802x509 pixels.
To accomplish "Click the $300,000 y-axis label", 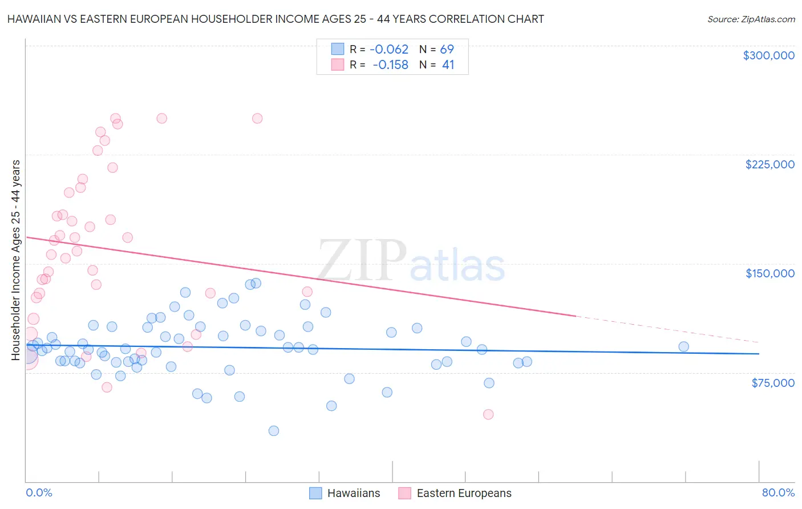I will pyautogui.click(x=768, y=55).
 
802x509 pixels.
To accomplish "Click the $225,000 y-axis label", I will pyautogui.click(x=769, y=164).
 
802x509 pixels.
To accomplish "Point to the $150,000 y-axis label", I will pyautogui.click(x=769, y=273).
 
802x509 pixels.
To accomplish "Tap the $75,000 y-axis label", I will pyautogui.click(x=772, y=383).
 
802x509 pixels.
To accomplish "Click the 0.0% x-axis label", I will pyautogui.click(x=39, y=492).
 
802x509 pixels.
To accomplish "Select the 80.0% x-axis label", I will pyautogui.click(x=778, y=492).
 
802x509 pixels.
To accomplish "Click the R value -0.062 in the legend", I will pyautogui.click(x=389, y=50).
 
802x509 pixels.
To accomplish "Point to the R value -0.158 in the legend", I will pyautogui.click(x=390, y=65).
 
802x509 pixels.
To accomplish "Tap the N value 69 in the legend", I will pyautogui.click(x=447, y=50).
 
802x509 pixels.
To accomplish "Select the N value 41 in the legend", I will pyautogui.click(x=448, y=65).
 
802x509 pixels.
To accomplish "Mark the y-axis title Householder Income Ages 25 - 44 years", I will pyautogui.click(x=16, y=260).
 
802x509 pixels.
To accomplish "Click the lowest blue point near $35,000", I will pyautogui.click(x=274, y=431).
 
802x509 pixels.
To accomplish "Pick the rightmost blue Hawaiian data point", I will pyautogui.click(x=683, y=346).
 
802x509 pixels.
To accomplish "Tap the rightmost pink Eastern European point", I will pyautogui.click(x=488, y=414).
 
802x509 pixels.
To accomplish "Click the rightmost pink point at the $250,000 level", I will pyautogui.click(x=257, y=119).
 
